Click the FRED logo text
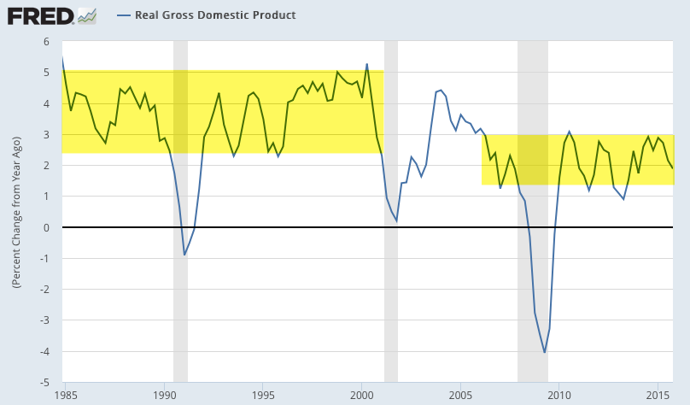pyautogui.click(x=39, y=15)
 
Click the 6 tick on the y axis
pyautogui.click(x=47, y=42)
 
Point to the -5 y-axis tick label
pyautogui.click(x=45, y=382)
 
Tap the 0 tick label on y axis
pyautogui.click(x=47, y=227)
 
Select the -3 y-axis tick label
pyautogui.click(x=45, y=320)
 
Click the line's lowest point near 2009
pyautogui.click(x=545, y=352)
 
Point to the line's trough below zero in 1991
pyautogui.click(x=184, y=255)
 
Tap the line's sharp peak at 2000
pyautogui.click(x=367, y=64)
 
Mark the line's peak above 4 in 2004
pyautogui.click(x=441, y=90)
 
